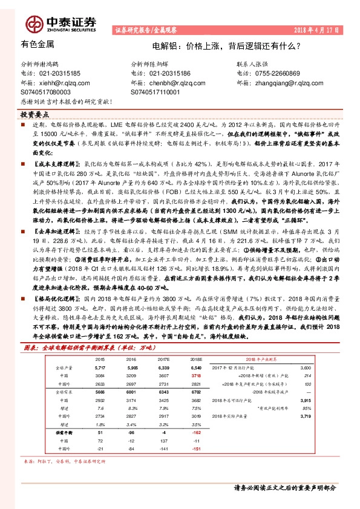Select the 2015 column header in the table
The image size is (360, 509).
coord(100,359)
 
